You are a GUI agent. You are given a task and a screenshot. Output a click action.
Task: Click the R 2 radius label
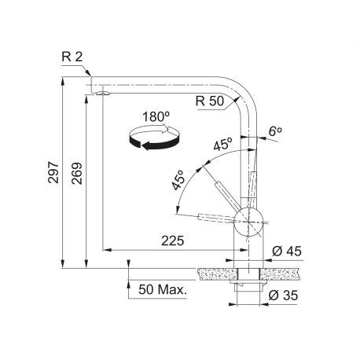[x=72, y=57]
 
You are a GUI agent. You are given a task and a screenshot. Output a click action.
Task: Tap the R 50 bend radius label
[x=210, y=101]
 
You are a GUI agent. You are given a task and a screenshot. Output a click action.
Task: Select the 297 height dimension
[x=53, y=172]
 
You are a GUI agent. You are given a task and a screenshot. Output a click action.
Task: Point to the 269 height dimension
[x=77, y=173]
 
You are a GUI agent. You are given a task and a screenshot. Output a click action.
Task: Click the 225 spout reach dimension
[x=173, y=241]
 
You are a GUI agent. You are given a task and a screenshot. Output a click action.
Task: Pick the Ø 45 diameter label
[x=287, y=252]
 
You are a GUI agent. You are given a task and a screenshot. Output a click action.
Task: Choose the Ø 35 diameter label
[x=283, y=296]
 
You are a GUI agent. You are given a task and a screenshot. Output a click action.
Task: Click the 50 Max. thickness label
[x=163, y=290]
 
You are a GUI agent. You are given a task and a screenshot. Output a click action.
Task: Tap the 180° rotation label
[x=156, y=117]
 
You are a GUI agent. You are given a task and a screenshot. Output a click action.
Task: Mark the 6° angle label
[x=275, y=131]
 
